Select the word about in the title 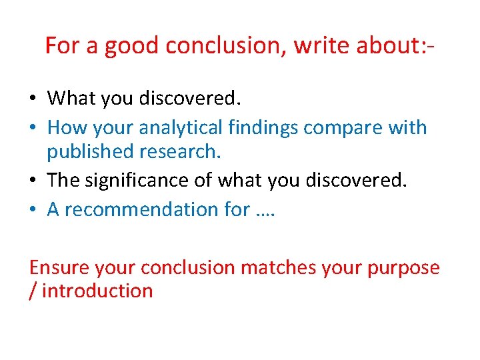tap(388, 46)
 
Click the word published tap(90, 152)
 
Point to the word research tap(179, 152)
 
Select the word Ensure tap(59, 268)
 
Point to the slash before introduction tap(33, 291)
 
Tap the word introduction tap(97, 291)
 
